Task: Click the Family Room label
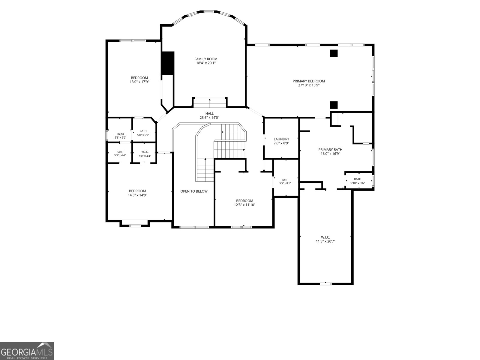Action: pos(206,59)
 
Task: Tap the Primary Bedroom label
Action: pos(309,81)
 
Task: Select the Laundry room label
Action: pos(281,139)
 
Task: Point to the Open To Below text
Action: pos(194,191)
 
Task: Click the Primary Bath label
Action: pos(330,149)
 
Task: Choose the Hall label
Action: pos(209,113)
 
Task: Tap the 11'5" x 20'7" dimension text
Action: pos(325,241)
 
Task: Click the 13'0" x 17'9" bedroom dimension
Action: pos(139,82)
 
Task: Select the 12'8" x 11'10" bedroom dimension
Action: pos(244,205)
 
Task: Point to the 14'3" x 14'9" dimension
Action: pos(137,195)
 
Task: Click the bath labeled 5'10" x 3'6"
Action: pos(358,181)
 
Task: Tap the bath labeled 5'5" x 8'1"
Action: pos(285,181)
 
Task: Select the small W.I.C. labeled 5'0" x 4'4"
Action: pos(145,154)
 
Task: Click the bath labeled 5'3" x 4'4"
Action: pos(120,154)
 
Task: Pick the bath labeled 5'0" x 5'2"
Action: pos(143,133)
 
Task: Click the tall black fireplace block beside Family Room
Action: pos(168,63)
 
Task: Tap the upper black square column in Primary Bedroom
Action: pos(334,54)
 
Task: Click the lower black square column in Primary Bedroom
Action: pos(334,105)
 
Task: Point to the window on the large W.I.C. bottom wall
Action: pos(325,284)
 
